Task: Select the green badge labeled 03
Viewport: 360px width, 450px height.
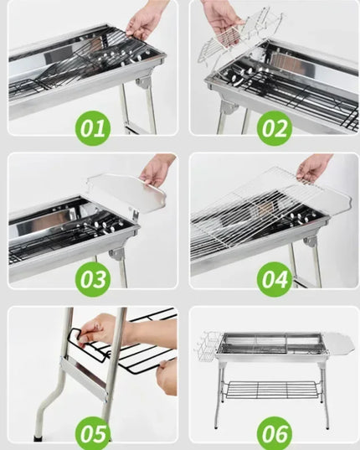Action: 93,278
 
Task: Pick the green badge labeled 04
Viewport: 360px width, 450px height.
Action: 273,278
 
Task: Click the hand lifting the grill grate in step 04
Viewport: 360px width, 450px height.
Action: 313,168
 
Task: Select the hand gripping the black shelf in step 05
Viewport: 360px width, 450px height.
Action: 100,329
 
